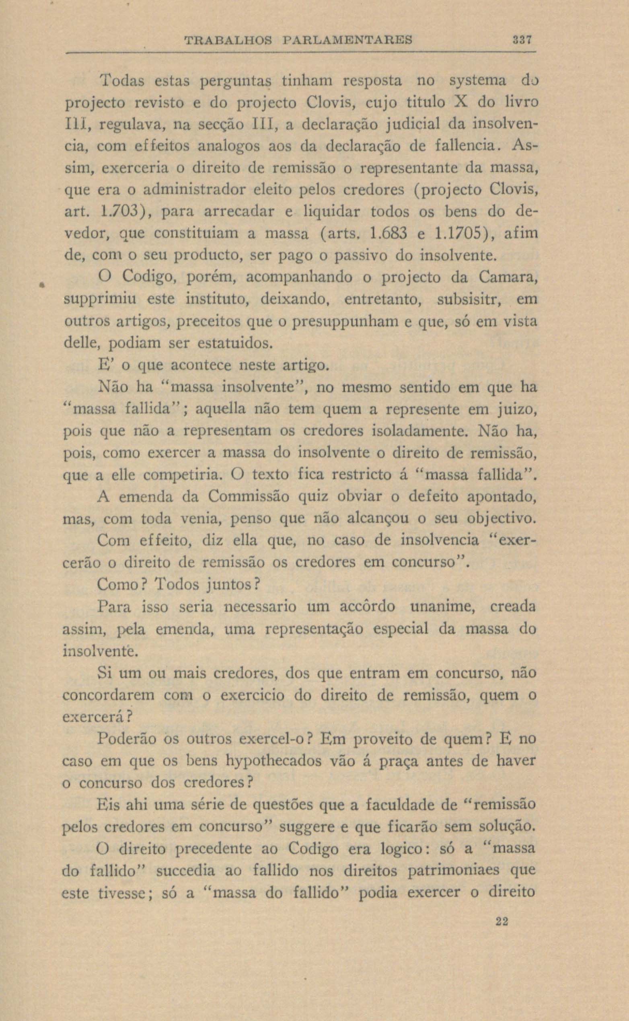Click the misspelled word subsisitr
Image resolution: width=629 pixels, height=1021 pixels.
click(x=469, y=300)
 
